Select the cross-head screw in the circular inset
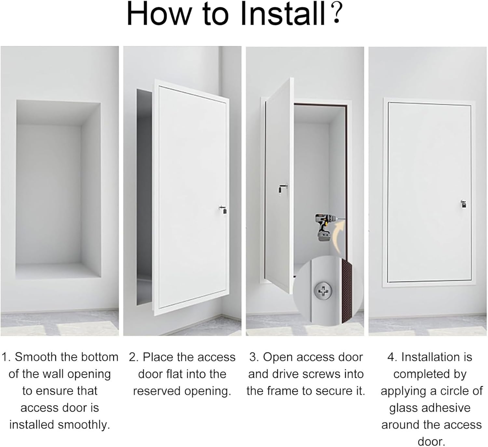tap(323, 290)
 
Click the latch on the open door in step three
tap(282, 189)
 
